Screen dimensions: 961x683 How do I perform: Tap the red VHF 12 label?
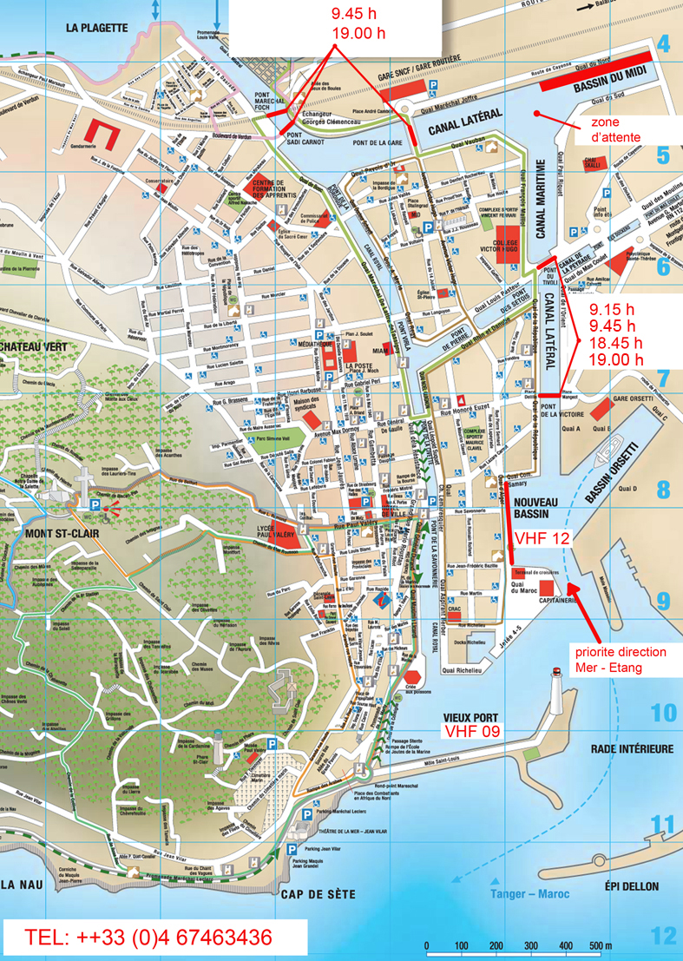tap(542, 538)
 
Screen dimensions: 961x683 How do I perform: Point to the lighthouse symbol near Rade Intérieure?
tap(556, 690)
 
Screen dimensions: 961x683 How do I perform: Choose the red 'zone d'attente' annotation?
tap(616, 130)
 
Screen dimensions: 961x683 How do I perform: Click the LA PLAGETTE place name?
tap(96, 28)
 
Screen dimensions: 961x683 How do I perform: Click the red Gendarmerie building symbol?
tap(105, 133)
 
